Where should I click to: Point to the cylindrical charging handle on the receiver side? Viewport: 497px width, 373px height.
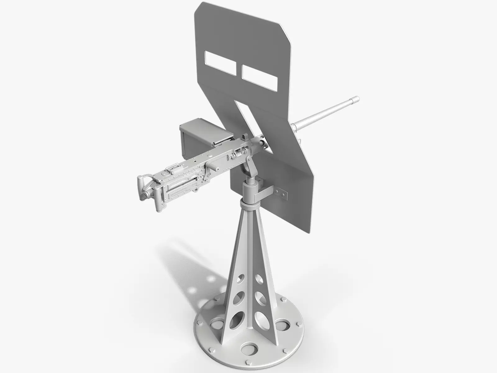[214, 165]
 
